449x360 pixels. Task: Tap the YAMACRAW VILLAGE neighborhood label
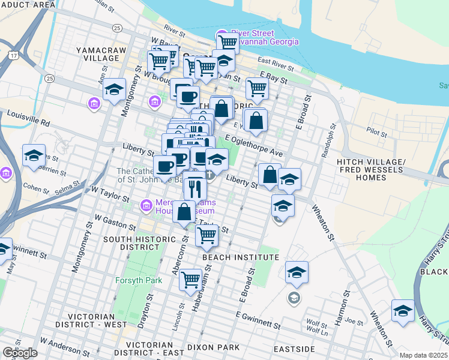point(97,53)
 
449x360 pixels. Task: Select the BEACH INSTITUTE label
point(241,257)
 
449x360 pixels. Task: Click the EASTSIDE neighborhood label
point(295,349)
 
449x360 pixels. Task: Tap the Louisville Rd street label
point(28,117)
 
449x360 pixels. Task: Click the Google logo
point(20,353)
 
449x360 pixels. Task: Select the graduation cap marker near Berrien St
point(34,155)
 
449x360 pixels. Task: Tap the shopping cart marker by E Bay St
point(257,88)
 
